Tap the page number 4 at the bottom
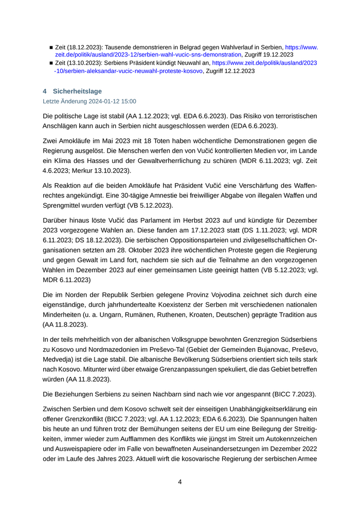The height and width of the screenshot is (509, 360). [179, 482]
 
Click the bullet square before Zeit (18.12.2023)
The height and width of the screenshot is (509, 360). [51, 47]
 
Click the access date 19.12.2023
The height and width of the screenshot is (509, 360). [277, 54]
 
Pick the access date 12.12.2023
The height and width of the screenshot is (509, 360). [238, 71]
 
